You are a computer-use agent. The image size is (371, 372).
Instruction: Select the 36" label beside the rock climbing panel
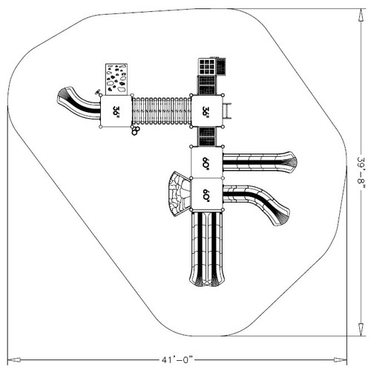coord(116,111)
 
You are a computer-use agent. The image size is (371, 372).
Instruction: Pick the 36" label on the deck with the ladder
coord(206,111)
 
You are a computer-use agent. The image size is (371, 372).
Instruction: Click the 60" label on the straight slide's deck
coord(206,163)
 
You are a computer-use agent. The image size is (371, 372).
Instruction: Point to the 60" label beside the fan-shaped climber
coord(206,195)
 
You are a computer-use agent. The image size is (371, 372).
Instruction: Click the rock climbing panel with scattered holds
coord(116,79)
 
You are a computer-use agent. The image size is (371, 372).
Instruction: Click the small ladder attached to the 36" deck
coord(230,111)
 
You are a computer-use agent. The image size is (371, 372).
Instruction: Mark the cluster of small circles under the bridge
coord(136,131)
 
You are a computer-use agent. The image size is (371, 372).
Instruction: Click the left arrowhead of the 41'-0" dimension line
coord(10,359)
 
